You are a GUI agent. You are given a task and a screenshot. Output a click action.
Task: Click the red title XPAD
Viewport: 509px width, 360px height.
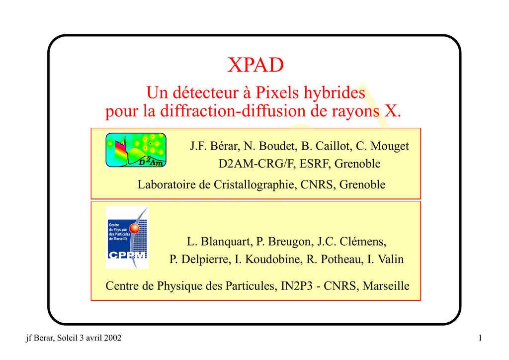click(255, 65)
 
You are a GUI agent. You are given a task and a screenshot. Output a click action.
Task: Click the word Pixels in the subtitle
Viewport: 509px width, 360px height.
click(277, 92)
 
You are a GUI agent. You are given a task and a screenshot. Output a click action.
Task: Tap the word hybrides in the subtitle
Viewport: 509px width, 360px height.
click(335, 93)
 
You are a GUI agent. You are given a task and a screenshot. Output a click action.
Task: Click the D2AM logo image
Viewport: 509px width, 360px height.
click(136, 150)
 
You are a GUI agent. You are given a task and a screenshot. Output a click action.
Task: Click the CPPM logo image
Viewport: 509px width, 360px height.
click(127, 237)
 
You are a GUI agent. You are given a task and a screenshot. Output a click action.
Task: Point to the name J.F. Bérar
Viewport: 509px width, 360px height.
click(214, 146)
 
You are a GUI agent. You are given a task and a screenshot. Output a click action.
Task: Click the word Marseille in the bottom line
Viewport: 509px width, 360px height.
click(386, 285)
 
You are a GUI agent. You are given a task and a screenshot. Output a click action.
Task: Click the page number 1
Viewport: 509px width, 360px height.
click(480, 338)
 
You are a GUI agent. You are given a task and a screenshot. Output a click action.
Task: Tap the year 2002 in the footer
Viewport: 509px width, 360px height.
click(112, 338)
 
